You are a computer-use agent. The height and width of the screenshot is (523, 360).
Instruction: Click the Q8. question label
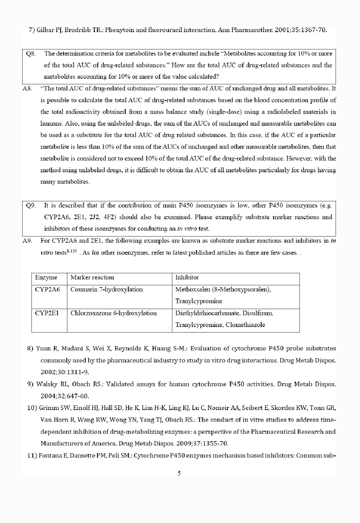pyautogui.click(x=31, y=54)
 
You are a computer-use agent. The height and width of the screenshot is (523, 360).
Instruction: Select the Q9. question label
pyautogui.click(x=31, y=206)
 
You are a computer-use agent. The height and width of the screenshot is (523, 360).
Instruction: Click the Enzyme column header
pyautogui.click(x=46, y=278)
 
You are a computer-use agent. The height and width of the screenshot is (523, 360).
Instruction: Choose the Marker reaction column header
pyautogui.click(x=92, y=278)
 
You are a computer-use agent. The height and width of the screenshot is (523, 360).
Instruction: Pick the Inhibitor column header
pyautogui.click(x=187, y=278)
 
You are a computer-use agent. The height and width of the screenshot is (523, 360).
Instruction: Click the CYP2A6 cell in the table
pyautogui.click(x=48, y=290)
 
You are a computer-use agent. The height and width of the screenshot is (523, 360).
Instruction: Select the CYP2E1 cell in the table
pyautogui.click(x=47, y=313)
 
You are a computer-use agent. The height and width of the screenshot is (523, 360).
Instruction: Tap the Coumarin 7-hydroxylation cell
pyautogui.click(x=107, y=290)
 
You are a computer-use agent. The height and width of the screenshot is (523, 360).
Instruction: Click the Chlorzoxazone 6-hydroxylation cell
pyautogui.click(x=113, y=313)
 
